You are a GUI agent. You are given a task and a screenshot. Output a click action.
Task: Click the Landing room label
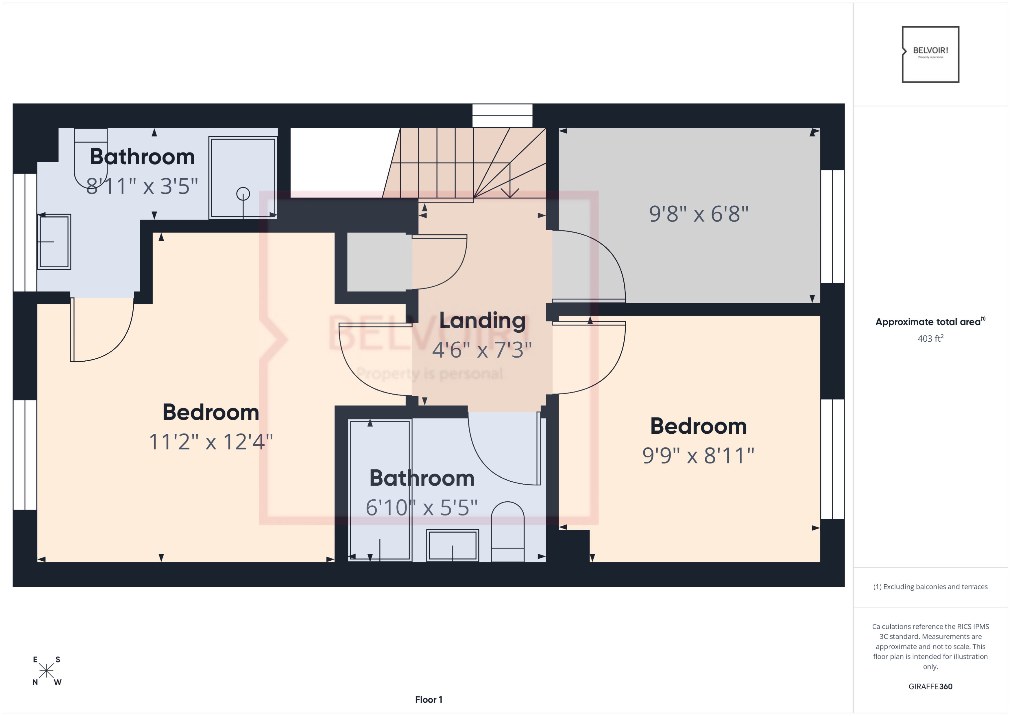482,321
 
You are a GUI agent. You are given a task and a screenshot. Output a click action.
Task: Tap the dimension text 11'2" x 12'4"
211,442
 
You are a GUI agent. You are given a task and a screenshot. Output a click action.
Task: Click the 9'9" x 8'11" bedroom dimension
698,456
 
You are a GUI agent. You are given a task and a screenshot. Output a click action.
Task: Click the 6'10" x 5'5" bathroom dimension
421,507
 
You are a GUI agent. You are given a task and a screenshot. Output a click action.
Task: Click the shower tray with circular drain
243,178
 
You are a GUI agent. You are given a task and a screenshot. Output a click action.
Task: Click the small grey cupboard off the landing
377,262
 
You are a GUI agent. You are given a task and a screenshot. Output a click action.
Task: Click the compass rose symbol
46,671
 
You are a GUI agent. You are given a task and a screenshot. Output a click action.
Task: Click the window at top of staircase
502,115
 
